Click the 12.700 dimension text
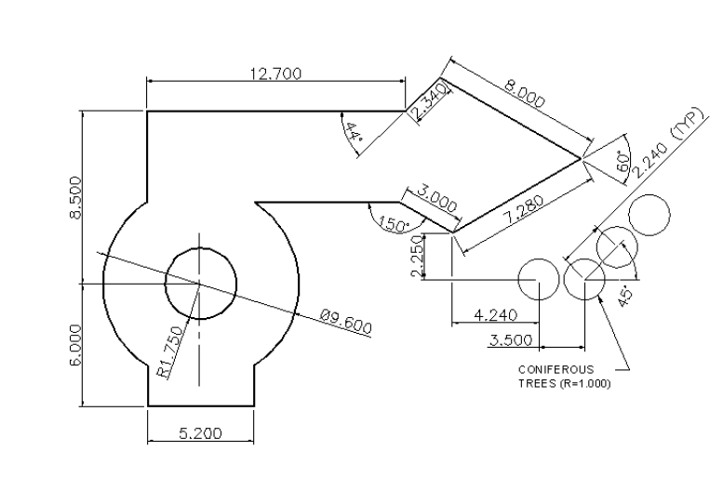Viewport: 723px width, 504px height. point(276,74)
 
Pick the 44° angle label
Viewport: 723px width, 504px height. point(353,133)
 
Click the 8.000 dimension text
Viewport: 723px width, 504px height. point(525,97)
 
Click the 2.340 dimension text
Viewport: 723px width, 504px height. point(429,99)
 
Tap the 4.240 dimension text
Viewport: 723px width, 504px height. point(496,315)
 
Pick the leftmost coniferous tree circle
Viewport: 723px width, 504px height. point(539,279)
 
